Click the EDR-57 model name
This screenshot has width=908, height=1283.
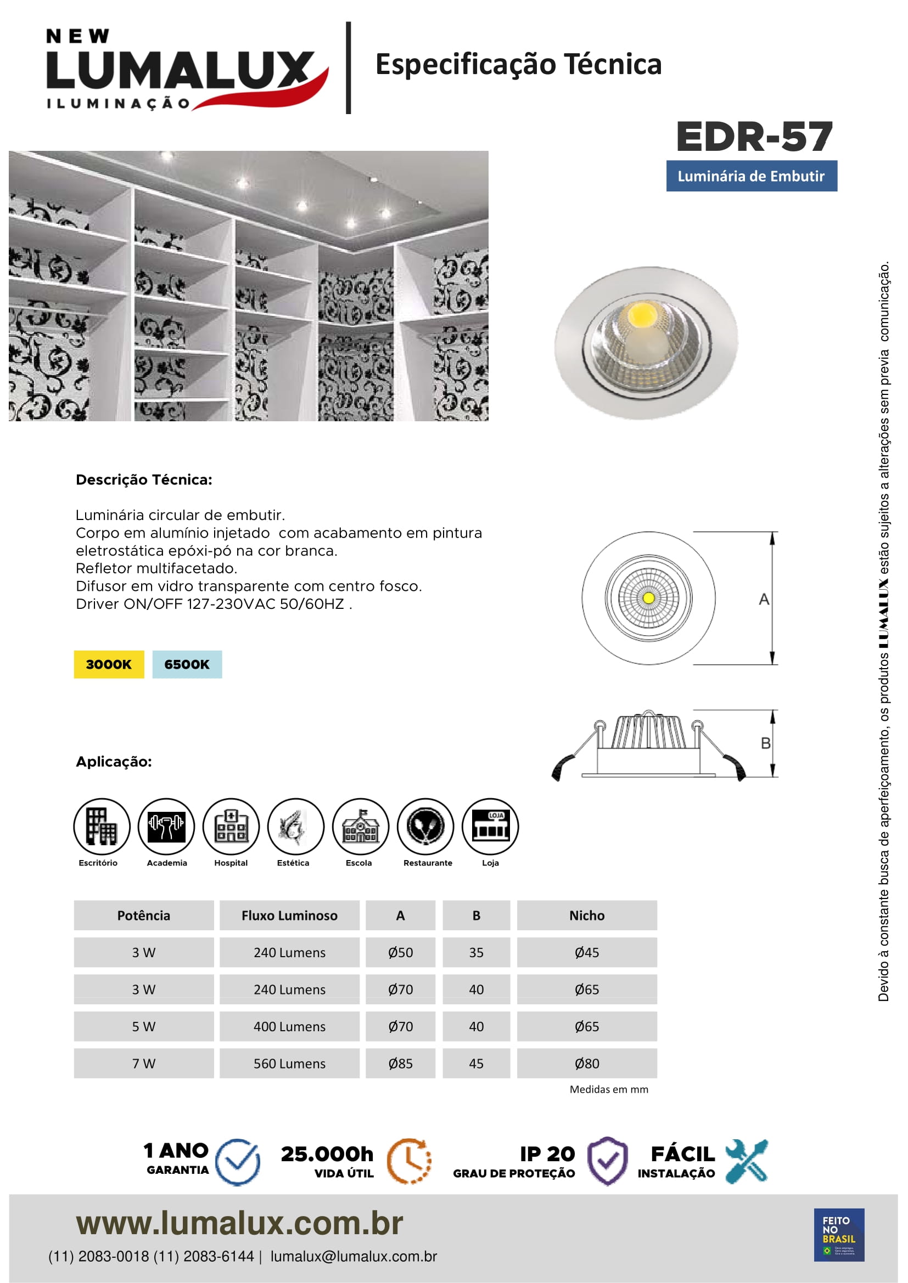754,137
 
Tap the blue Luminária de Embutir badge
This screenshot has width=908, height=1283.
751,176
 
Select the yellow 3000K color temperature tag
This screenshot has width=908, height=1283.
109,664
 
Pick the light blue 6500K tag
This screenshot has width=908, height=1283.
187,664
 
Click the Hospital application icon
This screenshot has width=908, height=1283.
231,827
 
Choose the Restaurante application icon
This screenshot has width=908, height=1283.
425,827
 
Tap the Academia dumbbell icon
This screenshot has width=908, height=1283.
166,827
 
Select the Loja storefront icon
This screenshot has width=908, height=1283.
490,827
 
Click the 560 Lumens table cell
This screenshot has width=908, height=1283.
289,1064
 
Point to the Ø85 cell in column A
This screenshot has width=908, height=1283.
400,1064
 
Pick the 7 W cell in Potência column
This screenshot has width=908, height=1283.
144,1064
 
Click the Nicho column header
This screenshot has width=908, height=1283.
586,915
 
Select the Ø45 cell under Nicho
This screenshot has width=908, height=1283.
586,952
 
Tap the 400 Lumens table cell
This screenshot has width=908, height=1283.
289,1026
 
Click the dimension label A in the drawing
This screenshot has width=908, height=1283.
764,600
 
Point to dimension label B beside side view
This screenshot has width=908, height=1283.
765,743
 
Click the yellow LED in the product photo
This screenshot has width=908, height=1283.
642,315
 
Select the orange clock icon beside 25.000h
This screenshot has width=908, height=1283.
410,1161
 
